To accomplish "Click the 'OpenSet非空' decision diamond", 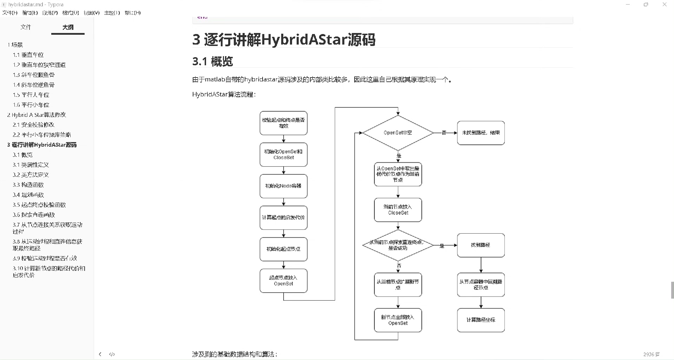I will click(398, 133).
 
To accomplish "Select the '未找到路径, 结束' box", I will click(481, 133).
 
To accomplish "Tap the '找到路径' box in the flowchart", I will click(481, 245).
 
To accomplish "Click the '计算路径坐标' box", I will click(481, 320).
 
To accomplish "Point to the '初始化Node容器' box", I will click(283, 186).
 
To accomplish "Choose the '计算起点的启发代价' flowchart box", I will click(283, 218).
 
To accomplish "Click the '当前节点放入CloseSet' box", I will click(398, 210).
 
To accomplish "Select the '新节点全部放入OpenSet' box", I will click(398, 320).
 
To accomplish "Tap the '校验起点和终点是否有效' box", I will click(283, 123).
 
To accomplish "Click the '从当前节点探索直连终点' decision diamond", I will click(398, 245).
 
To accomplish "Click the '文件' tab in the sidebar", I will click(26, 27).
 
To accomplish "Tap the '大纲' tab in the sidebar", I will click(68, 27).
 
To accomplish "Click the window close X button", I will click(664, 5).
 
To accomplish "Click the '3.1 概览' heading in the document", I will click(213, 61).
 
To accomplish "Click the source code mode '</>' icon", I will click(112, 354).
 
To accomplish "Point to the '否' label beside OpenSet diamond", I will click(444, 133).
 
